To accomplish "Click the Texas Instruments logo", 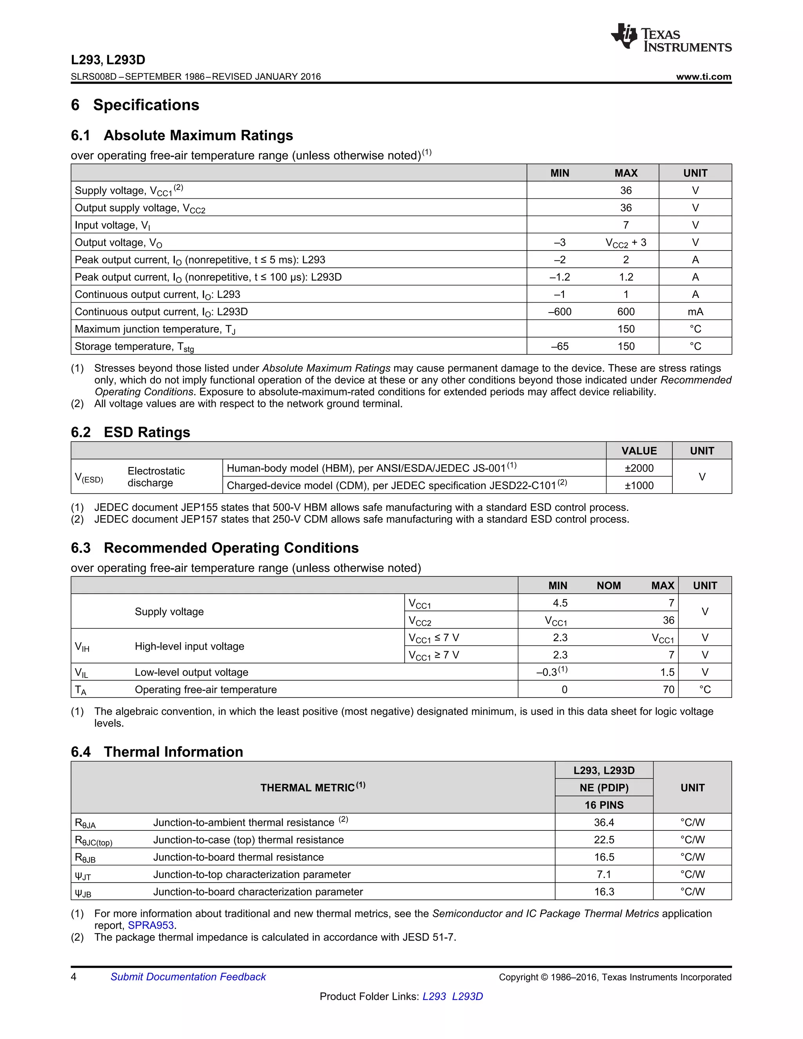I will click(671, 37).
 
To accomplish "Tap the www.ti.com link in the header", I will click(703, 76).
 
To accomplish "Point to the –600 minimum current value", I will click(560, 312).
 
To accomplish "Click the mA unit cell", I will click(695, 312).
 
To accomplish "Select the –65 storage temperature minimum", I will click(560, 346).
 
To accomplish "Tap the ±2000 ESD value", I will click(639, 468).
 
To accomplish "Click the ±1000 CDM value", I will click(639, 485).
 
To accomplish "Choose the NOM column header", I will click(609, 586).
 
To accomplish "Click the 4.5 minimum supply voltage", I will click(560, 603).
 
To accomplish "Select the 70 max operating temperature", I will click(669, 689).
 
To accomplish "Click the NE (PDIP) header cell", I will click(604, 788).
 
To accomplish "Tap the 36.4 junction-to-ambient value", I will click(604, 823).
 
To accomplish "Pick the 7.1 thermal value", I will click(604, 874).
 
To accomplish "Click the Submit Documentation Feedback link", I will click(188, 977).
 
